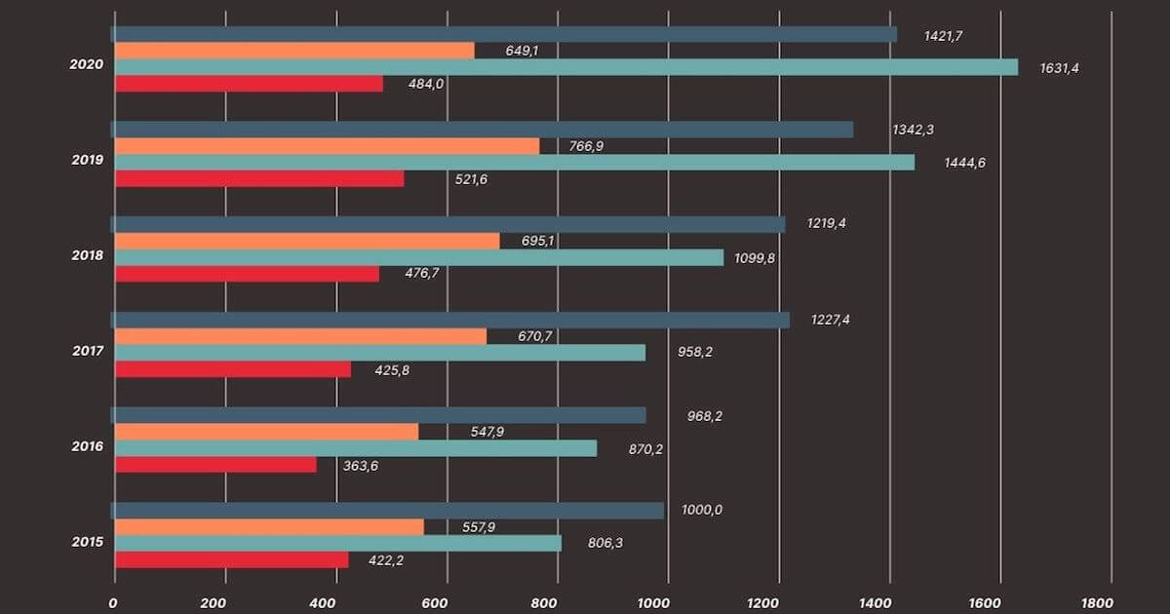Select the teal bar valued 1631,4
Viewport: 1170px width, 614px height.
(x=565, y=67)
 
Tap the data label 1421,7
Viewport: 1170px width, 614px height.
(x=944, y=36)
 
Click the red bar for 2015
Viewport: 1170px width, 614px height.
(x=231, y=560)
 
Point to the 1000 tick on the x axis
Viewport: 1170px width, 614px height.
(x=667, y=602)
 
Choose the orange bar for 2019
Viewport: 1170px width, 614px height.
(x=327, y=146)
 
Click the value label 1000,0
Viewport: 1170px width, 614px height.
(x=702, y=510)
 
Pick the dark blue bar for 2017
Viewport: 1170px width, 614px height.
(x=451, y=320)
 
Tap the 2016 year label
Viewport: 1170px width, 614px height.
(x=89, y=446)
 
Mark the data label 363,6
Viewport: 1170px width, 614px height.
(x=362, y=465)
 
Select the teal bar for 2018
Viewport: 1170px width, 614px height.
(x=419, y=257)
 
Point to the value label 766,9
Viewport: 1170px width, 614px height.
(x=586, y=146)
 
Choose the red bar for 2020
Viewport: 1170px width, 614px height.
(x=249, y=84)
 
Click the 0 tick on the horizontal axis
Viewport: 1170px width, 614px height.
(x=113, y=602)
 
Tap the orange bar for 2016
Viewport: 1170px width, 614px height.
(x=266, y=432)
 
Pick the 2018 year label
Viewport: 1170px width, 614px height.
(x=89, y=255)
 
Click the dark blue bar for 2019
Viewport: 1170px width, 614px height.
(x=483, y=130)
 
